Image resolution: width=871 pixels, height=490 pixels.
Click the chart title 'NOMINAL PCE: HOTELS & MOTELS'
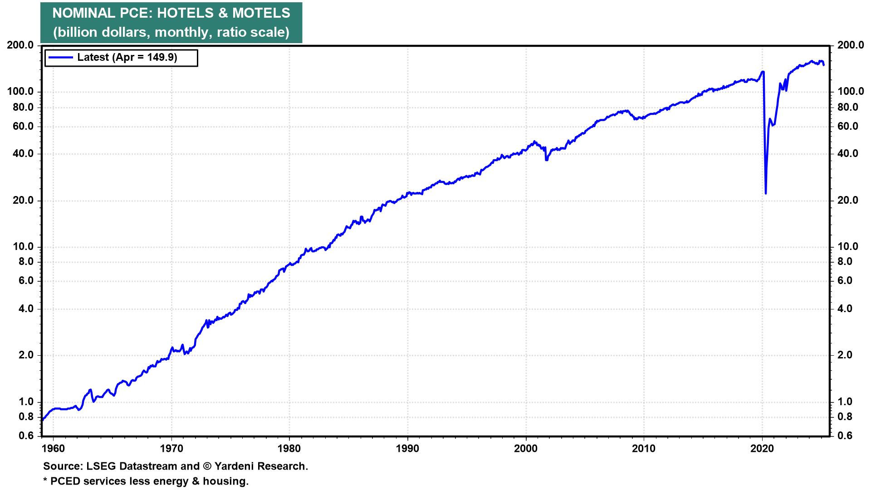coord(171,13)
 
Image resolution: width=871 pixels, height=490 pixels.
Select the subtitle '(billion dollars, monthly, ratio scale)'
coord(171,32)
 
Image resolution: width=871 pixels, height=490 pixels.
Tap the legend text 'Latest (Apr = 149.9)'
coord(127,57)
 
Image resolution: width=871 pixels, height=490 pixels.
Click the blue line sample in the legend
coord(61,57)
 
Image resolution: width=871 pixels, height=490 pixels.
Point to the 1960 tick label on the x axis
coord(54,448)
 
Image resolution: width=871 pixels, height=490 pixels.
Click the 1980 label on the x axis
coord(289,448)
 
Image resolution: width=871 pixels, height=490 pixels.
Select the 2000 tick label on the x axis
coord(526,448)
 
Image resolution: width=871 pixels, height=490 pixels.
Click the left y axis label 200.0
coord(20,45)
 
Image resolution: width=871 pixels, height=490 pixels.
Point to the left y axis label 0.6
coord(26,436)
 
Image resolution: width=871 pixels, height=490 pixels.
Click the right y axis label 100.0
coord(851,92)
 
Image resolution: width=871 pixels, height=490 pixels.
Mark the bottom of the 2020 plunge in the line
coord(766,194)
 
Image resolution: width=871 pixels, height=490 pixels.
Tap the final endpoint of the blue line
coord(824,65)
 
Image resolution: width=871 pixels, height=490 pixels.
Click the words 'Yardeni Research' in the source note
coord(261,466)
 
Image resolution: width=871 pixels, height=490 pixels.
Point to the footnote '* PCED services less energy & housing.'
coord(146,481)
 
